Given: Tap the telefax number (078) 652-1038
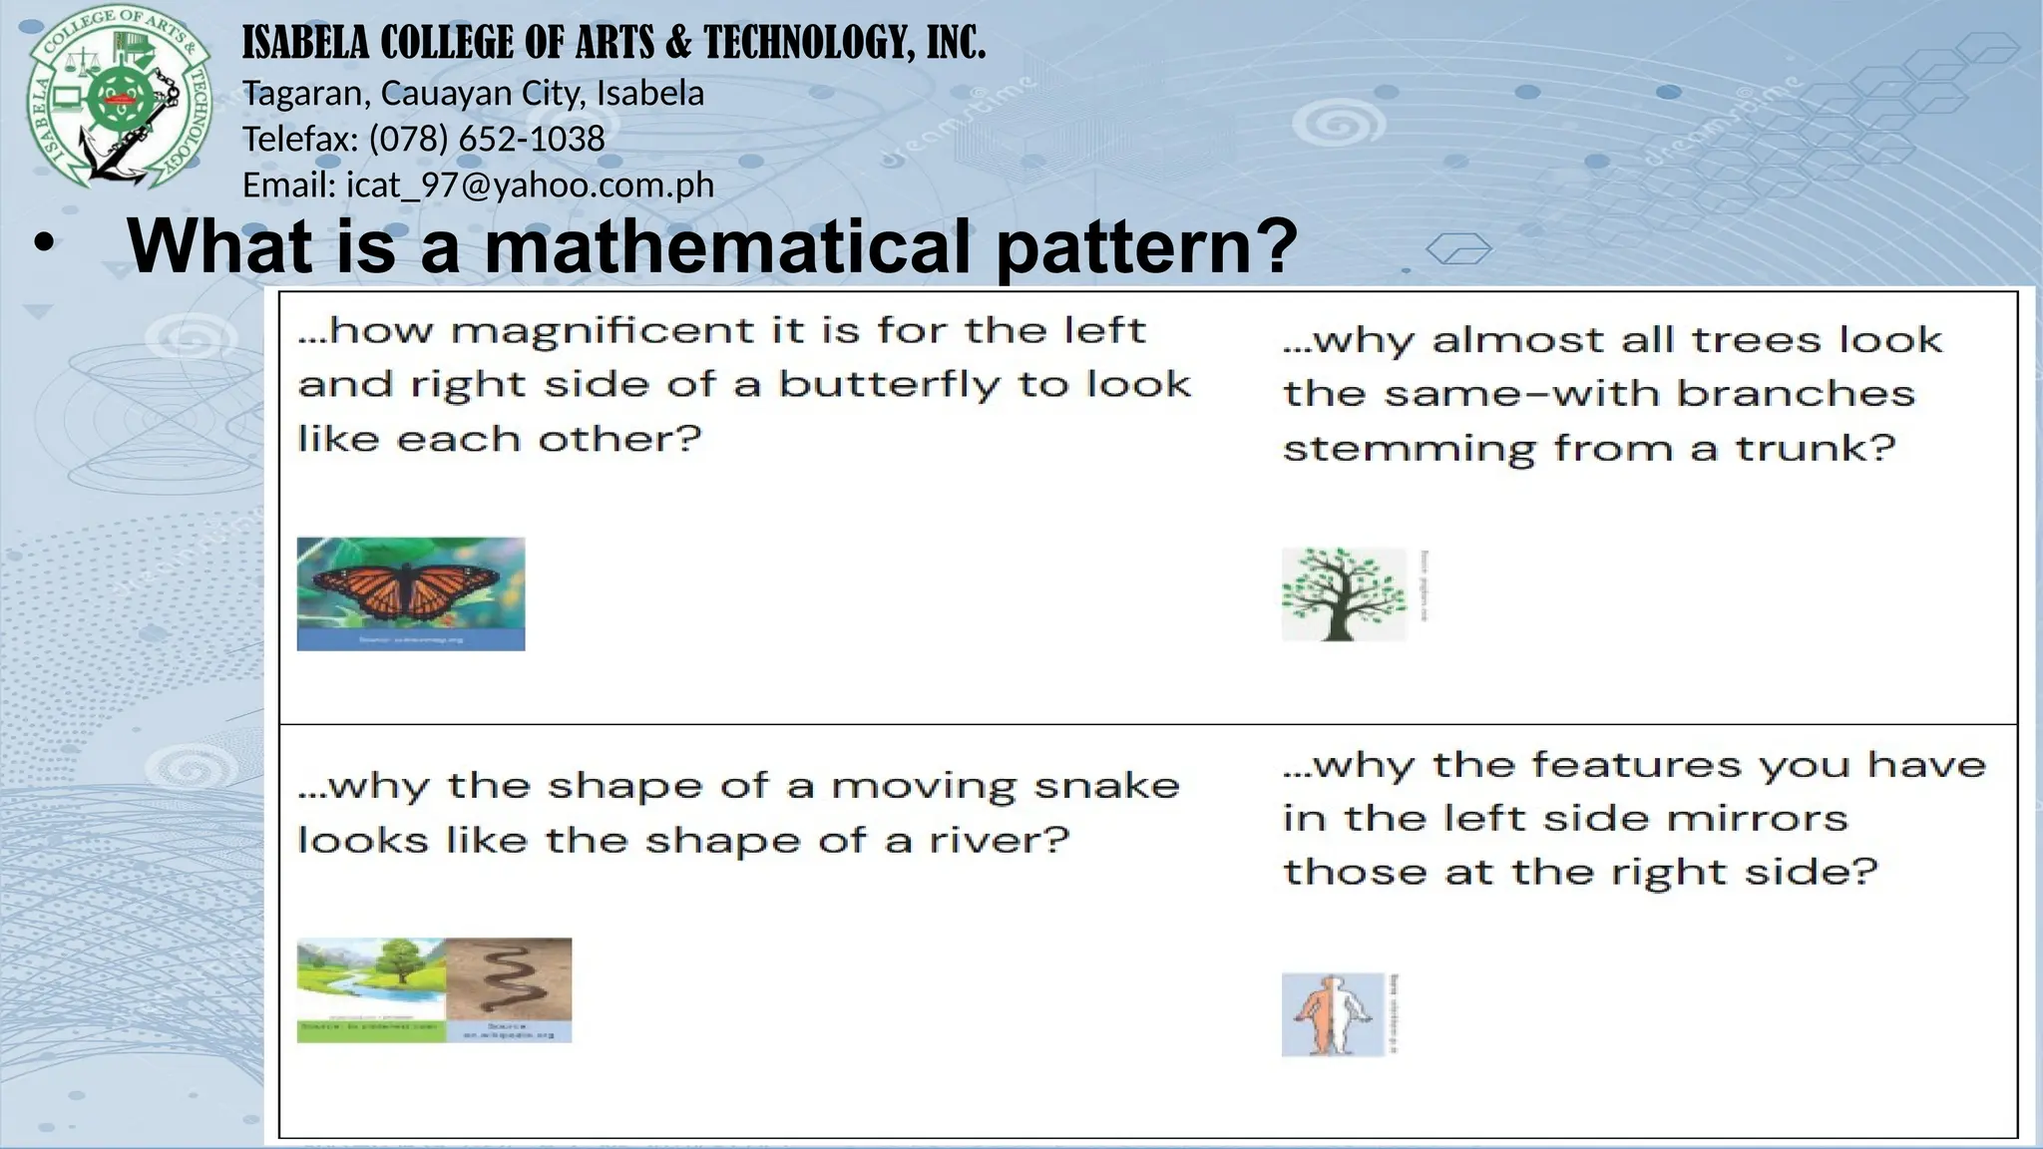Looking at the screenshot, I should pyautogui.click(x=487, y=139).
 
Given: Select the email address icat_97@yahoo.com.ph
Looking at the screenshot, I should pyautogui.click(x=530, y=185).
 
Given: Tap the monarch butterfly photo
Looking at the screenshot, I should pyautogui.click(x=410, y=593).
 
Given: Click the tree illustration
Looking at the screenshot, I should pyautogui.click(x=1343, y=594).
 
